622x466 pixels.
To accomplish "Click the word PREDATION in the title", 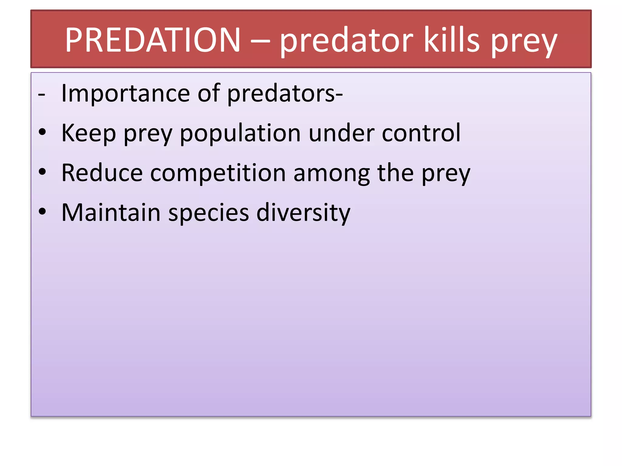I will [153, 40].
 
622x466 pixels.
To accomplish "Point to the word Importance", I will [125, 94].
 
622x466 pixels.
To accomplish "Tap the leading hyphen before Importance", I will [42, 95].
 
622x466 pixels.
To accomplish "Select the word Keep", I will [88, 133].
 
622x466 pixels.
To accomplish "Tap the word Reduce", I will [102, 173].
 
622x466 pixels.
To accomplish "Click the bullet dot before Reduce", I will [42, 172].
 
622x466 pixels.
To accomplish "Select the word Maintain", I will [111, 212].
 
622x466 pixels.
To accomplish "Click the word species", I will [208, 213].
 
